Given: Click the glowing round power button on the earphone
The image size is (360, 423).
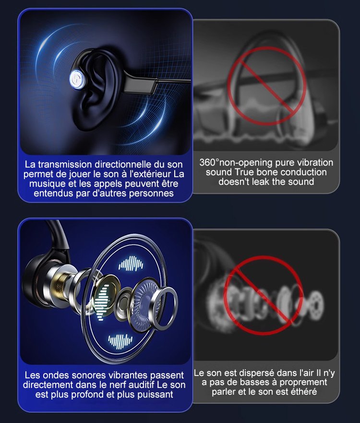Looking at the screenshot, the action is coord(78,79).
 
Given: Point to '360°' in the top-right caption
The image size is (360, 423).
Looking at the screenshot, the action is coord(210,162).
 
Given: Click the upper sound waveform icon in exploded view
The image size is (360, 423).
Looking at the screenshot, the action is coord(131,263).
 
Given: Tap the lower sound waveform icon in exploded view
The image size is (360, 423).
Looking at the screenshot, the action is coord(120,341).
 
